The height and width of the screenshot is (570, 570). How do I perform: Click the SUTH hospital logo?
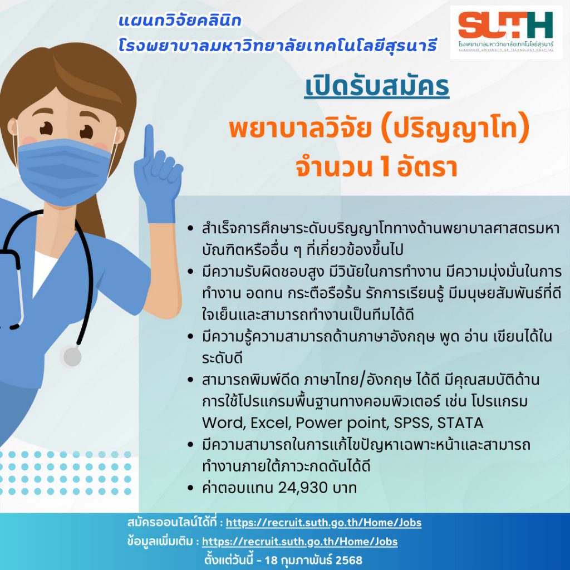click(505, 32)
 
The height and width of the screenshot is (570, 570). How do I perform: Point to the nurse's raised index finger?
click(149, 142)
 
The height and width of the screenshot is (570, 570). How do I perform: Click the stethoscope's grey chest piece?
click(72, 357)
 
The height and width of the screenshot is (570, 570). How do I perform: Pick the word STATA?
click(460, 423)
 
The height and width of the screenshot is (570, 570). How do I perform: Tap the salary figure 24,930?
click(302, 488)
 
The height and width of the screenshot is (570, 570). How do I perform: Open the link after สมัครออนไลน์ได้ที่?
click(323, 523)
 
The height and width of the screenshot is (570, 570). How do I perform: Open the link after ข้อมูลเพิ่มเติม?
click(299, 542)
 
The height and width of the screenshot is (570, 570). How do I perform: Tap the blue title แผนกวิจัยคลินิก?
click(180, 21)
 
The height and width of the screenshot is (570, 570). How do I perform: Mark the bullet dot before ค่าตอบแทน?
click(190, 488)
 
